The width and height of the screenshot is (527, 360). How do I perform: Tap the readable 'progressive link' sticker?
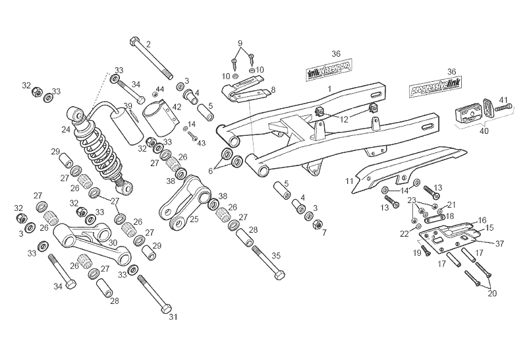(432, 88)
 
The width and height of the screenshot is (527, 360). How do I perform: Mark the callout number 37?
(499, 243)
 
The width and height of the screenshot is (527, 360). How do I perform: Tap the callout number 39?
(128, 106)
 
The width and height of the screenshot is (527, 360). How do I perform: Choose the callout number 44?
(159, 89)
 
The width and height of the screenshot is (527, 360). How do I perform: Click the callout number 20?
(492, 294)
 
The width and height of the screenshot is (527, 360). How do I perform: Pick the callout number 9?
(240, 44)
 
